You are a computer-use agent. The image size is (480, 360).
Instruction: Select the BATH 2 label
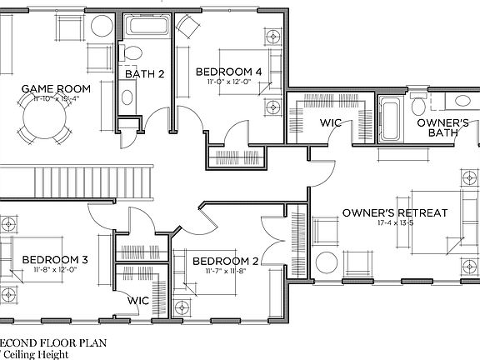(x=144, y=74)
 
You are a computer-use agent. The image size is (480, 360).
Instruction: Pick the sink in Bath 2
(x=127, y=97)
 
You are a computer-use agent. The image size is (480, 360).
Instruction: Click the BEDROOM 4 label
(x=229, y=72)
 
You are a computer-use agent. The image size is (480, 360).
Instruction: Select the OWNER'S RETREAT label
(x=394, y=213)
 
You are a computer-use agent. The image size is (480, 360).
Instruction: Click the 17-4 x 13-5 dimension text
(x=394, y=223)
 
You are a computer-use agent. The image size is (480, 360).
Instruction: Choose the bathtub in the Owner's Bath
(x=390, y=119)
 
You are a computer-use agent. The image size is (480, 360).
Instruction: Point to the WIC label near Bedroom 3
(x=138, y=300)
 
